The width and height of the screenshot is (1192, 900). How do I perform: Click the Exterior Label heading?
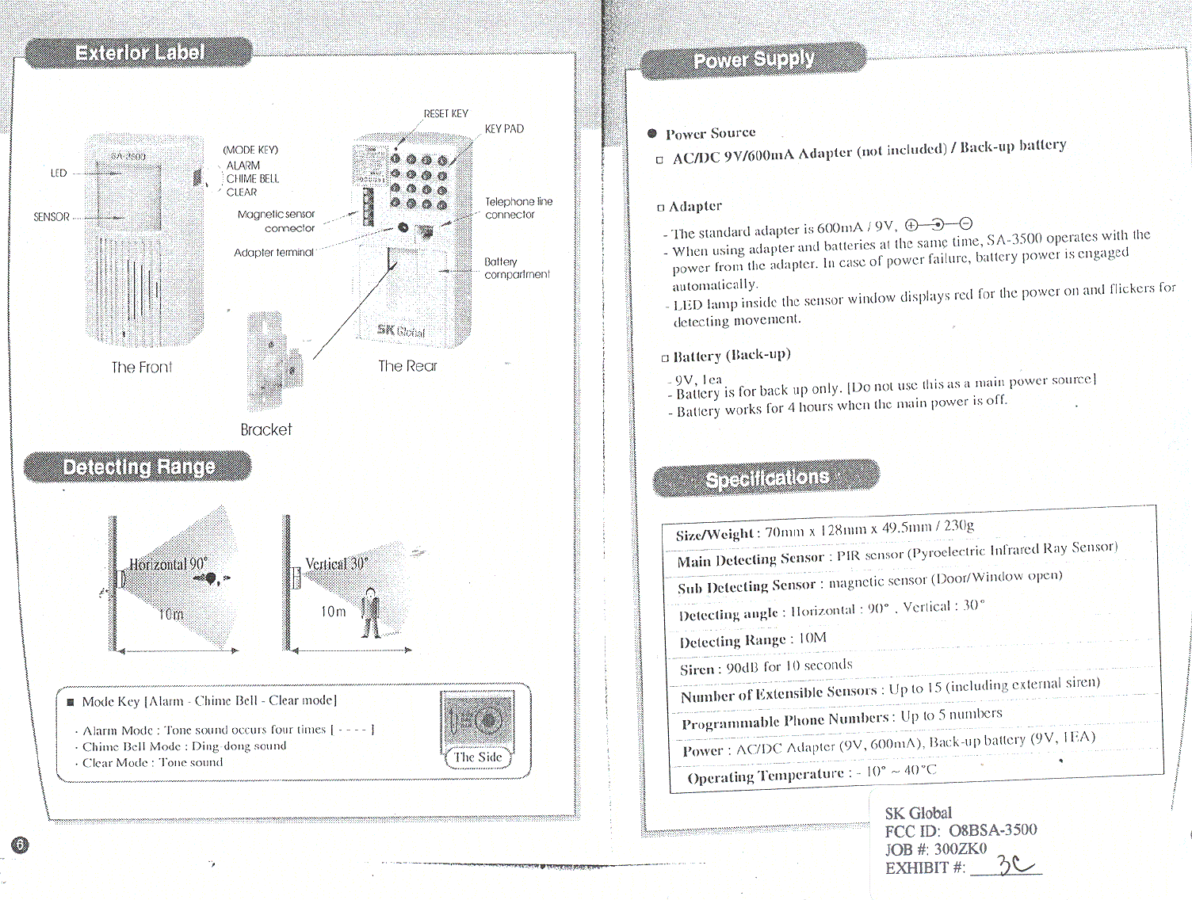[139, 53]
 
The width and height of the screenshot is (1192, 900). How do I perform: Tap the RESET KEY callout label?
[445, 114]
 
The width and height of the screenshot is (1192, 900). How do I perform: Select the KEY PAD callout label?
[504, 129]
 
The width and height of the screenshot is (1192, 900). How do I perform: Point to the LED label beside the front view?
[59, 173]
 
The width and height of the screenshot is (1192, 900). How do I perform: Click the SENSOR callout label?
[52, 217]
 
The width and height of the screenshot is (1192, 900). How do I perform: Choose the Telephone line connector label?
[518, 208]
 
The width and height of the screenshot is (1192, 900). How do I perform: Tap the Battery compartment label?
[516, 268]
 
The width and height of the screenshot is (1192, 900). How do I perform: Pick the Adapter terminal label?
[273, 253]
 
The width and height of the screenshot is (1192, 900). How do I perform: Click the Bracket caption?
[266, 429]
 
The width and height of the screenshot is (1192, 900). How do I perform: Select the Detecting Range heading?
[139, 467]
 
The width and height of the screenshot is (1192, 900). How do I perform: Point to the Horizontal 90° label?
[168, 564]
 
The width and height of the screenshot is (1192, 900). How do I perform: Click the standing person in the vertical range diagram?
[369, 613]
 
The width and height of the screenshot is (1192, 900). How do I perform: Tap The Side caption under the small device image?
[478, 757]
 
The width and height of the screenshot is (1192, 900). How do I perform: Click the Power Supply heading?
[753, 60]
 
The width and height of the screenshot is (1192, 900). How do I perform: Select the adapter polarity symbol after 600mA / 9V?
[938, 224]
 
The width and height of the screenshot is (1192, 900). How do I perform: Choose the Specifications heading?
[766, 479]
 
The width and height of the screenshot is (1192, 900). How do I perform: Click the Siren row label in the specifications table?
[697, 669]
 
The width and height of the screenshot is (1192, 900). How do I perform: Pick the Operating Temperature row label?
[765, 776]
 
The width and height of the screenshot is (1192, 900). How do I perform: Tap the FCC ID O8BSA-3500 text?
[961, 830]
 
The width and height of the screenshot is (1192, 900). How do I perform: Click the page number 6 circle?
[21, 845]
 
